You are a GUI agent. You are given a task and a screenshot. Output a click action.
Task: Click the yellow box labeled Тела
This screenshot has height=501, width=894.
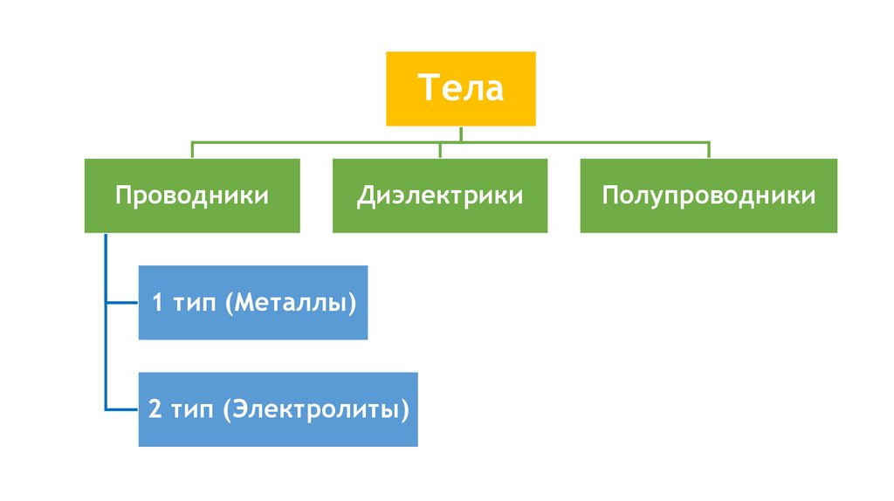pos(460,88)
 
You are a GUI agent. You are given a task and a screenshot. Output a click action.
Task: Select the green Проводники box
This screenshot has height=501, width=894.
pos(192,195)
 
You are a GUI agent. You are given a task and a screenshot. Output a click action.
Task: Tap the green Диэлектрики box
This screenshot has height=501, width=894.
pos(439,195)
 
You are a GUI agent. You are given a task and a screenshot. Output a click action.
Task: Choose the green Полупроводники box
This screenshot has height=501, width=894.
pos(708,195)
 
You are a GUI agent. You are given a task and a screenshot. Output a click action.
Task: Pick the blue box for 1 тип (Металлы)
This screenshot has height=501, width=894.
pos(253,303)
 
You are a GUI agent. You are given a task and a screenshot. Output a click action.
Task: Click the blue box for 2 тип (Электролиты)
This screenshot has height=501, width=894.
pos(278,409)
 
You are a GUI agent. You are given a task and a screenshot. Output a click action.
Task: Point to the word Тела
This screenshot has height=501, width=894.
pos(460,88)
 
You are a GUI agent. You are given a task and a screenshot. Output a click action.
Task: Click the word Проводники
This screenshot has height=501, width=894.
pos(192,195)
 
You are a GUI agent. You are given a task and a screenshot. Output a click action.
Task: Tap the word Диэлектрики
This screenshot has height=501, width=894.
pos(439,195)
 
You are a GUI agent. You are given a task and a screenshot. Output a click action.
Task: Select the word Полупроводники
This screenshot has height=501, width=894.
pos(708,195)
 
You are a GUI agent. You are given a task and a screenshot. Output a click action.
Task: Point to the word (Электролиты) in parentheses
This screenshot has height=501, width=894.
pos(315,410)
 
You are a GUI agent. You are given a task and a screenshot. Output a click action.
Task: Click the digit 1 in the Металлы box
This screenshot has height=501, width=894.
pos(157,304)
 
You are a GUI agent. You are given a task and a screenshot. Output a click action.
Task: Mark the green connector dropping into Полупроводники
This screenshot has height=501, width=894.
pos(708,149)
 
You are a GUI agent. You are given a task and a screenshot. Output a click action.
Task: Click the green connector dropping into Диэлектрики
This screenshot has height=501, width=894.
pos(440,149)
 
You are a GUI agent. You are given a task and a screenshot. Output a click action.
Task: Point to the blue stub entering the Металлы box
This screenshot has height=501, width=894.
pos(122,304)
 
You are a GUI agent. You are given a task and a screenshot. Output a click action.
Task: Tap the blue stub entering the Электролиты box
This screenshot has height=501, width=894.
pos(122,409)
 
